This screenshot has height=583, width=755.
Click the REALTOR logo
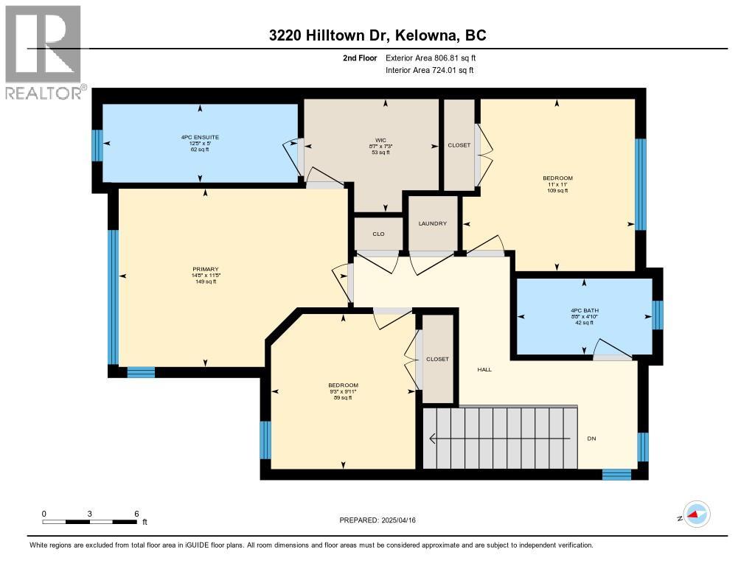point(44,52)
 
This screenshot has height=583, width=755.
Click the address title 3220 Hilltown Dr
point(377,36)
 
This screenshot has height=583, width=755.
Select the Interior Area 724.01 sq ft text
point(429,70)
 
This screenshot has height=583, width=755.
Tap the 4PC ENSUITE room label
point(200,137)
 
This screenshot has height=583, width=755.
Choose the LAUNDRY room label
point(433,223)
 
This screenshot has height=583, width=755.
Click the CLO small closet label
point(377,234)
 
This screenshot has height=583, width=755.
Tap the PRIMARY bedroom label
point(206,269)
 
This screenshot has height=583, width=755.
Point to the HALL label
point(484,369)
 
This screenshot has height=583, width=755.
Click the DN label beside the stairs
point(591,439)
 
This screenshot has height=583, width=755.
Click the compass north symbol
point(696,514)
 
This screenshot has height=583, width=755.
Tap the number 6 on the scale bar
point(136,513)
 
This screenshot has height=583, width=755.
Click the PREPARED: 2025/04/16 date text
point(378,520)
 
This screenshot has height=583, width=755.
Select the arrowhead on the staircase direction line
point(433,439)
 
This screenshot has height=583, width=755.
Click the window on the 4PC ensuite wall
point(96,145)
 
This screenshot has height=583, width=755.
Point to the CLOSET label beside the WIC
point(459,145)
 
